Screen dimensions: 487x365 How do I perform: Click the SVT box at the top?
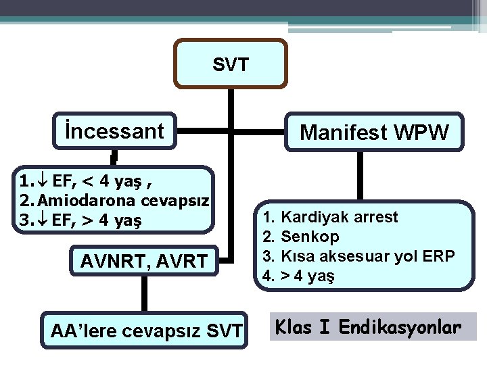[x=231, y=64]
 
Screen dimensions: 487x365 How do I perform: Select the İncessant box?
[x=115, y=130]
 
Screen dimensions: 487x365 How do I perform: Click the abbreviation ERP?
[x=441, y=257]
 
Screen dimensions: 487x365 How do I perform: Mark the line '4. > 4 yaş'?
[x=298, y=276]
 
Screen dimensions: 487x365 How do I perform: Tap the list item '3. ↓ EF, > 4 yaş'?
[x=85, y=220]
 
